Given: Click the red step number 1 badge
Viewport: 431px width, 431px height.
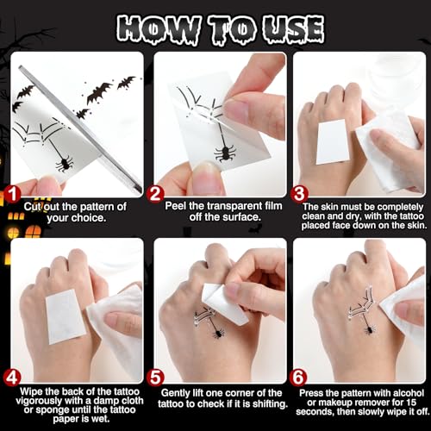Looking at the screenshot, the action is tap(12, 194).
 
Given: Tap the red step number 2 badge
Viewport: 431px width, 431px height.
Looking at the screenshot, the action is tap(155, 194).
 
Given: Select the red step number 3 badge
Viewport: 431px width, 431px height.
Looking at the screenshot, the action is tap(299, 194).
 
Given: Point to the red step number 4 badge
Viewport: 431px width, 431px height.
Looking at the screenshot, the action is tap(12, 378).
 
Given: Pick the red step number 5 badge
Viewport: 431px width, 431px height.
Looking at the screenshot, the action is tap(155, 378).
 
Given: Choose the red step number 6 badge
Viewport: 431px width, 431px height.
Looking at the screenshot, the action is tap(298, 378).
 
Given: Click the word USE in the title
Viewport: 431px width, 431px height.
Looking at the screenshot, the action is tap(294, 29).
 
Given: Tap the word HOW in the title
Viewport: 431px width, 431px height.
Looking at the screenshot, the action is tap(158, 30).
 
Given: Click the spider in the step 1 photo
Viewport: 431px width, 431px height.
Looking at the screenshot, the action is tap(65, 164).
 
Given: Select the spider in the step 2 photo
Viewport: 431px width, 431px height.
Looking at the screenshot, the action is tap(225, 153).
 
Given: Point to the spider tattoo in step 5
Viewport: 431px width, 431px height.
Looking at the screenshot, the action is tap(219, 333).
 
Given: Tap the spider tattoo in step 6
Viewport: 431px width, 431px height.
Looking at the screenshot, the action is tap(370, 329).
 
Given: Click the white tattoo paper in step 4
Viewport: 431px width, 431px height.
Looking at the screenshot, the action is tap(66, 316).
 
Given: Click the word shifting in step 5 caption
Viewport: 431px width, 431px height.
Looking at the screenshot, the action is tap(270, 404).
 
